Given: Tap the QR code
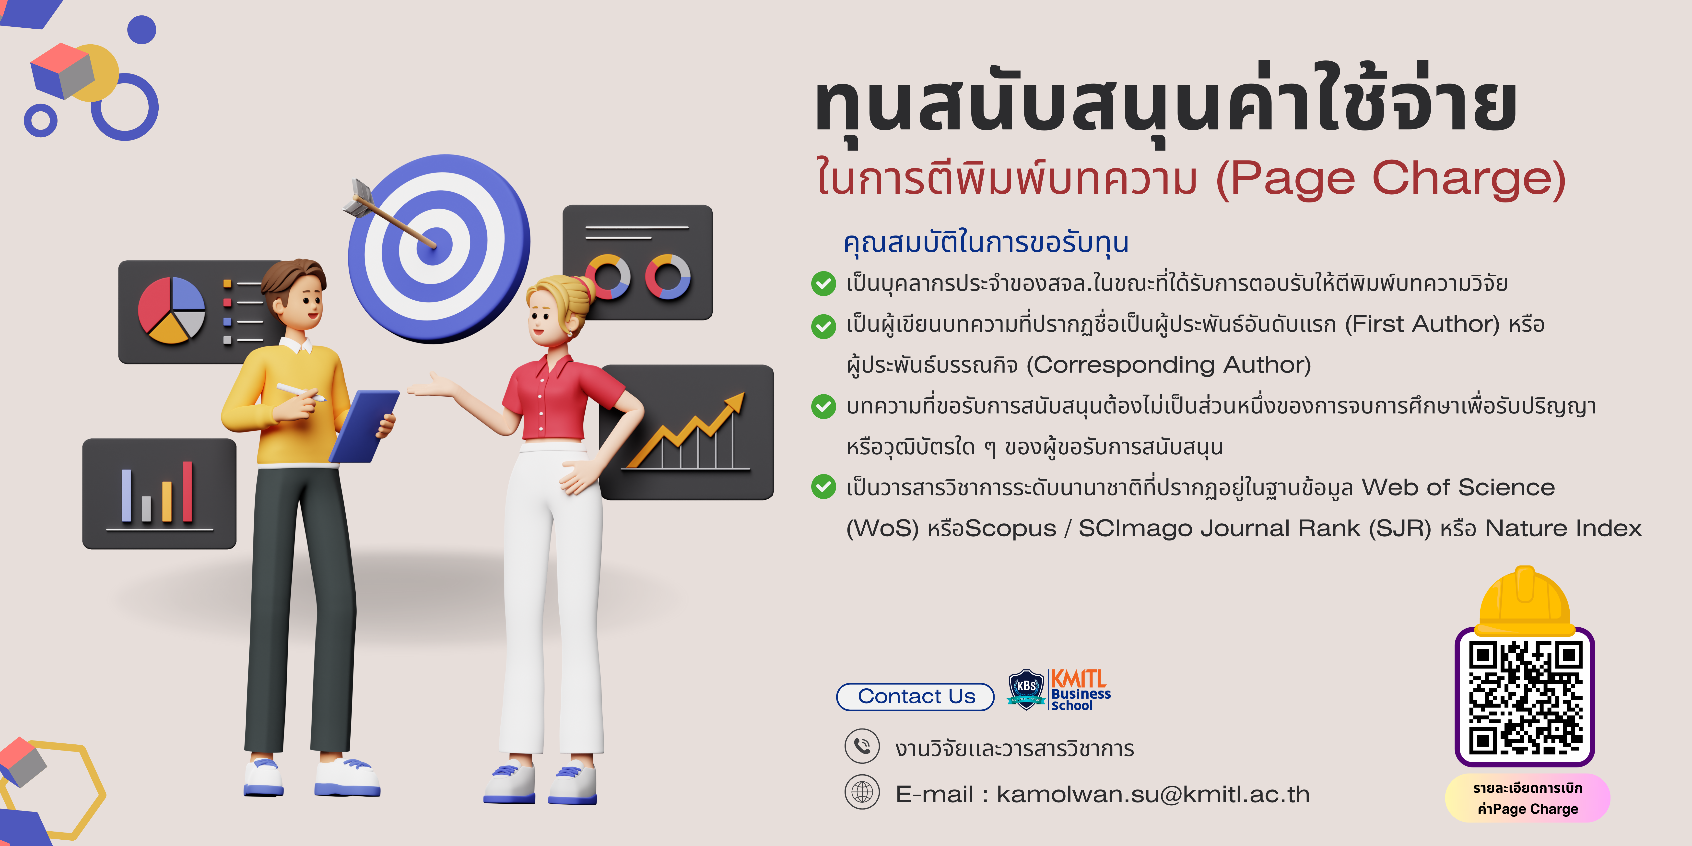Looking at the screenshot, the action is (x=1525, y=698).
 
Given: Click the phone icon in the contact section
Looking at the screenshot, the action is (x=862, y=746).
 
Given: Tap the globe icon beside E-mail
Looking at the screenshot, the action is (x=862, y=792).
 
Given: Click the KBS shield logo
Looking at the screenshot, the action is (x=1026, y=689).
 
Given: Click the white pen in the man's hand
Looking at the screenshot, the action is (x=301, y=392).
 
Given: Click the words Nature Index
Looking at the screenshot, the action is (x=1563, y=528).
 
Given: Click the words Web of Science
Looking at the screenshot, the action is (x=1458, y=487).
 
